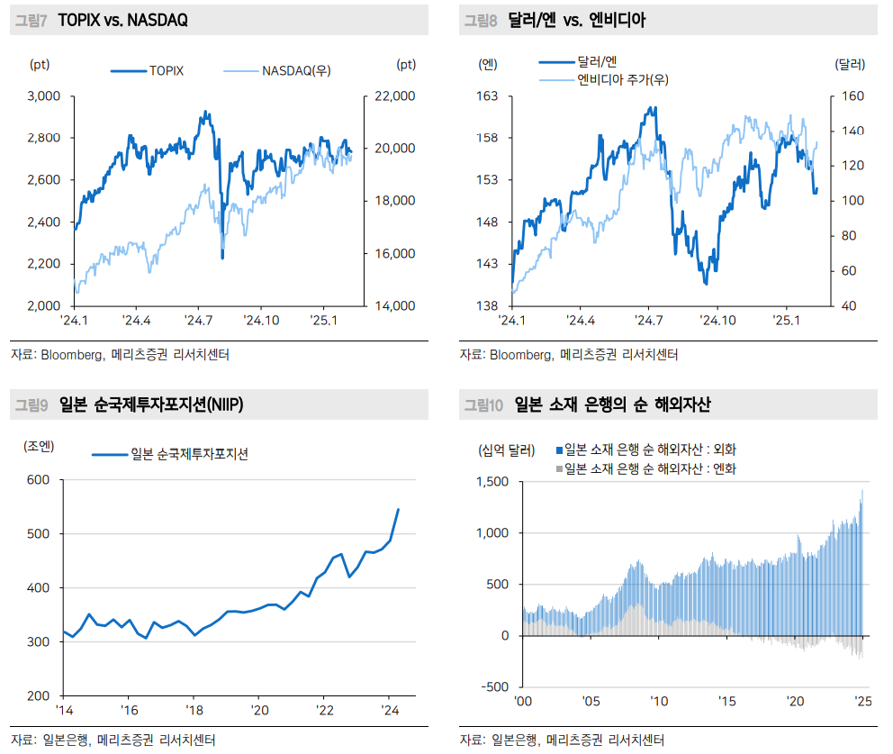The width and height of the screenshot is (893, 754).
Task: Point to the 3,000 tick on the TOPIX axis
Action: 43,95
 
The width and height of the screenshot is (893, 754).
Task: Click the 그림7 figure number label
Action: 31,20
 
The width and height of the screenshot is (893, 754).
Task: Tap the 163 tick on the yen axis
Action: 487,95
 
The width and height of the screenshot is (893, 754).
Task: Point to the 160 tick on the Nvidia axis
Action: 852,95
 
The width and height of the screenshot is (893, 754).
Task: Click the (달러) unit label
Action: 850,64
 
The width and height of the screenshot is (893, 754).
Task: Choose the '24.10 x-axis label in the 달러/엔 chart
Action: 717,320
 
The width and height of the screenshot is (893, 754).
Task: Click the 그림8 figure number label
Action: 481,20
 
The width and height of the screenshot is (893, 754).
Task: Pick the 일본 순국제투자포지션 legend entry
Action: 189,454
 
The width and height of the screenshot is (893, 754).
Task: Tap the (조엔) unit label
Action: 40,445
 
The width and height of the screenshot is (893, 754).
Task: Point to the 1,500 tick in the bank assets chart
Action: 492,482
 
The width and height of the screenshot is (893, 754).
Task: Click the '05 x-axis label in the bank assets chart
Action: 591,702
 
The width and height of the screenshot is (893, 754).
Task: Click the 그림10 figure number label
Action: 483,405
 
